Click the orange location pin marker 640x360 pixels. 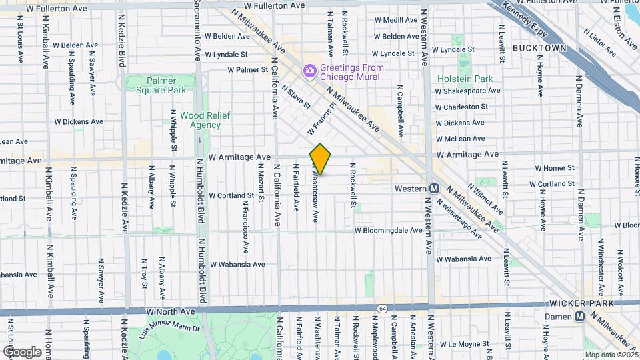tap(320, 159)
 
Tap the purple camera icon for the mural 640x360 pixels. tap(309, 71)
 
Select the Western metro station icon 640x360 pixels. tap(433, 189)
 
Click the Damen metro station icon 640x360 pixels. tap(580, 317)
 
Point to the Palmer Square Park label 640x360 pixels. tap(157, 85)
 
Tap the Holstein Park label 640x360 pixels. tap(465, 79)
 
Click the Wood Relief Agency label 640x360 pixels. tap(196, 120)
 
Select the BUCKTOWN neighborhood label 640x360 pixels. tap(539, 48)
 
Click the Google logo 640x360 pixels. tap(22, 351)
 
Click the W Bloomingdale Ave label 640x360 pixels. tap(388, 231)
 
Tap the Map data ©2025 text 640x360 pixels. tap(611, 354)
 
